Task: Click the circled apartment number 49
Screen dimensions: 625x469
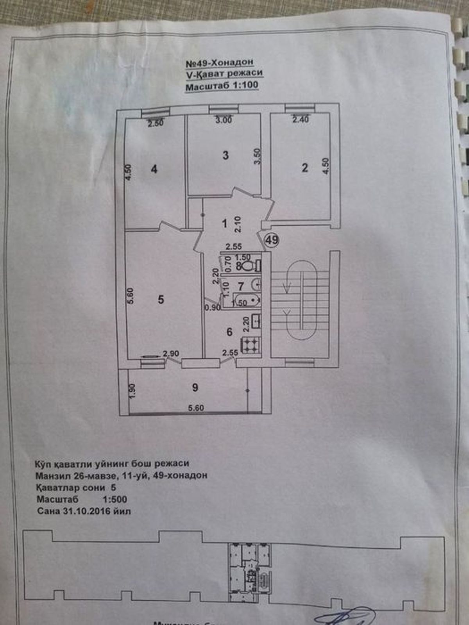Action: click(x=272, y=239)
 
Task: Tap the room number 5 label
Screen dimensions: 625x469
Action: click(x=161, y=300)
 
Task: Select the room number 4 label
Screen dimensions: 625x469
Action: click(x=154, y=169)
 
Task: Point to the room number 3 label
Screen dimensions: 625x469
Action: click(x=226, y=155)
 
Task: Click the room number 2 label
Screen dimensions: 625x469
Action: click(x=305, y=168)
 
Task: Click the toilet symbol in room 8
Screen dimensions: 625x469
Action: click(x=247, y=266)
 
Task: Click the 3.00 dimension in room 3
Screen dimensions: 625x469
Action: click(x=224, y=120)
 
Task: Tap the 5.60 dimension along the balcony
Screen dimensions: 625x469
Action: click(x=196, y=408)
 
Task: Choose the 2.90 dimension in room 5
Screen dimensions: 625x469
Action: click(x=171, y=354)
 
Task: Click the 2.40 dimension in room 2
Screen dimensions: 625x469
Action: click(x=301, y=120)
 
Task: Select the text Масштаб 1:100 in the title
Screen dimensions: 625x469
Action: click(x=222, y=86)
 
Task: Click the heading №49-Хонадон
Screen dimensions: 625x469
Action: click(x=219, y=62)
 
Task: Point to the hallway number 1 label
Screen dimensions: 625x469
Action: click(x=224, y=223)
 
